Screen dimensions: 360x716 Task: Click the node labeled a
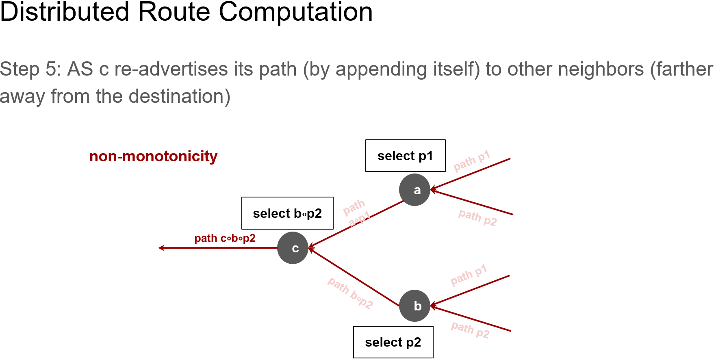coord(414,190)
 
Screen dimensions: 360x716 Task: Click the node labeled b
coord(414,306)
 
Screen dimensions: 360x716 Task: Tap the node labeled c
coord(293,248)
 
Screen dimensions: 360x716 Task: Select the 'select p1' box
coord(405,156)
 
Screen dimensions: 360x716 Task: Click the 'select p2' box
coord(393,342)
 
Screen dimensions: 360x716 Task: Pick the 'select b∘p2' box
coord(287,213)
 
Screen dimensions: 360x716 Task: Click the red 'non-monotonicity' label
coord(153,156)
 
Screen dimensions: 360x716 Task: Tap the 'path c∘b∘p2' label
coord(225,238)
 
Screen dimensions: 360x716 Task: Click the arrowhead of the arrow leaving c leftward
coord(161,248)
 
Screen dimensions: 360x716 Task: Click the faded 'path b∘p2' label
coord(350,293)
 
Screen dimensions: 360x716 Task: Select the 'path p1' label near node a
coord(472,161)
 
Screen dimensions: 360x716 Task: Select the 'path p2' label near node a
coord(477,218)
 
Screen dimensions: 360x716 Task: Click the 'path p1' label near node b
coord(469,275)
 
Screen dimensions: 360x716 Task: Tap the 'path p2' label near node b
coord(470,330)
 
